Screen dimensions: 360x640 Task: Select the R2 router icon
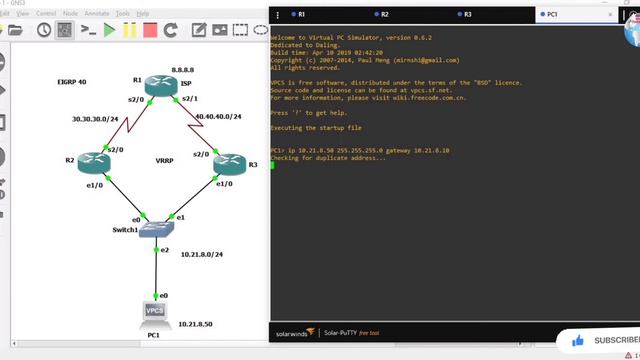[93, 160]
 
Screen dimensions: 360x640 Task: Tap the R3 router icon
[229, 161]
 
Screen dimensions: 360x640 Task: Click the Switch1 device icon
[156, 229]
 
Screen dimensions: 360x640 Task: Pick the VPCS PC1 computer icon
[155, 315]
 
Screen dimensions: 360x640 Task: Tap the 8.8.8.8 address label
[184, 69]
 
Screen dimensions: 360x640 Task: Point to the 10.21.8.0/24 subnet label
[202, 254]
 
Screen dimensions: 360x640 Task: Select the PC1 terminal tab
[554, 15]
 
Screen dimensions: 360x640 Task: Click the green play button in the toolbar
[110, 30]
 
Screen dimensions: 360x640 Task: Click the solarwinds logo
[296, 333]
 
